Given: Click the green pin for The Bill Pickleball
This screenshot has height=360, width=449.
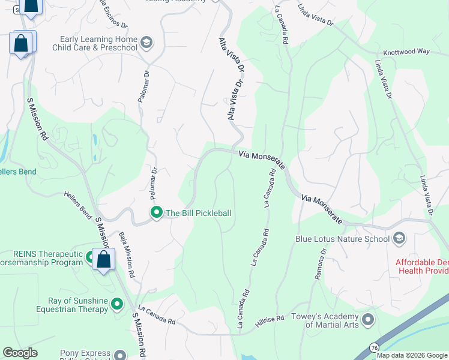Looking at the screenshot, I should (157, 212).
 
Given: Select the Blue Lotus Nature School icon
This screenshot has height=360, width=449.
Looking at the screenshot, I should (399, 239).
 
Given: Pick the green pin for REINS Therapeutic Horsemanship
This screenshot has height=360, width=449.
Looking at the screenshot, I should (91, 257).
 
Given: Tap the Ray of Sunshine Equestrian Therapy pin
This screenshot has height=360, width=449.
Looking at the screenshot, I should (117, 304).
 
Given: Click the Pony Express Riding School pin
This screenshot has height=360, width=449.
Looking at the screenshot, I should (120, 355).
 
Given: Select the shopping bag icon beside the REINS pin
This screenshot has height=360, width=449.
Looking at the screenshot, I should (104, 260).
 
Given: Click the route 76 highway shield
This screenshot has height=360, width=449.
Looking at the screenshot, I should (374, 347).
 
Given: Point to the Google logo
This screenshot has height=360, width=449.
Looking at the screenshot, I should (20, 353).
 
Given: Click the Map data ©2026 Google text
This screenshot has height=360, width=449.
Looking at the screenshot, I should (412, 355).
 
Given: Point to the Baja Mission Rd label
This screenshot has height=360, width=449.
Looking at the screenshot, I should (127, 254).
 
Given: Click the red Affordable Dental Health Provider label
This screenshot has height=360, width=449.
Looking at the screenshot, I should (422, 266).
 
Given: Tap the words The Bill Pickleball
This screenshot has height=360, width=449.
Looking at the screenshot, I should (198, 213).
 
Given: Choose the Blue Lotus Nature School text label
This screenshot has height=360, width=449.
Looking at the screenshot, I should (342, 239).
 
